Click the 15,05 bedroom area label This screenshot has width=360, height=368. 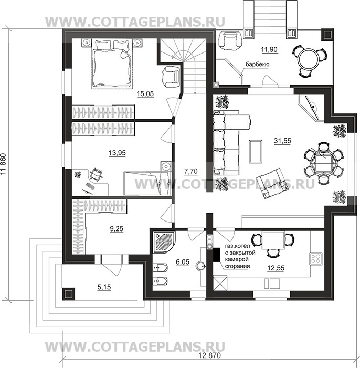[145, 94]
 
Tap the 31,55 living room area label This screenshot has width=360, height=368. [282, 141]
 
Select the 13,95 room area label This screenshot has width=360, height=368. [117, 153]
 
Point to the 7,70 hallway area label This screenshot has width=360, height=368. [191, 172]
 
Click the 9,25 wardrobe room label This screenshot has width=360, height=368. [117, 228]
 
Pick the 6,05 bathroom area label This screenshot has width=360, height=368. [183, 262]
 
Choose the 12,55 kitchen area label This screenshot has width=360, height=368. [276, 268]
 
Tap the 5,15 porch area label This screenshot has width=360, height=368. [104, 287]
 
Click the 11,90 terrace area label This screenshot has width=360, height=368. [269, 50]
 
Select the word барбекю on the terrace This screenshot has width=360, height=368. [257, 64]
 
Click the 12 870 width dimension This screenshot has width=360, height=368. [209, 355]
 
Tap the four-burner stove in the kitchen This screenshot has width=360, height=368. [315, 259]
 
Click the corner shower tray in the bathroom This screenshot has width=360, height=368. [164, 242]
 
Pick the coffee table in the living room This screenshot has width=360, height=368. [256, 151]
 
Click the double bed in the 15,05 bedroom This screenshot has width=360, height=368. [111, 64]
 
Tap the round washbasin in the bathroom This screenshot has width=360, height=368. [200, 266]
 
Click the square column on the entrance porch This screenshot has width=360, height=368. [69, 294]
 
